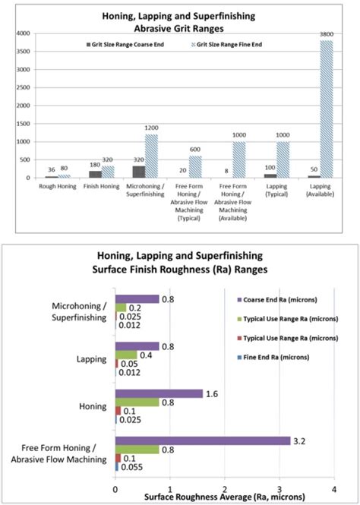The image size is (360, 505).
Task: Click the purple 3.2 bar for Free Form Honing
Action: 202,440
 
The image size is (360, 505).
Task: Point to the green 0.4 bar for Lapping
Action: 125,355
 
